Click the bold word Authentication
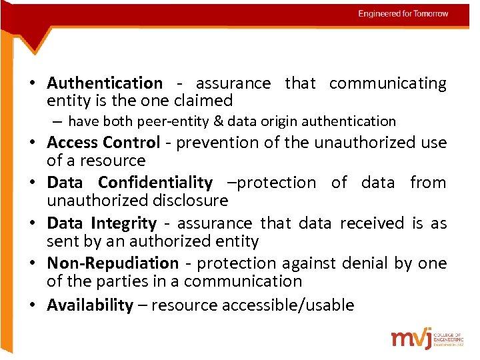pos(105,83)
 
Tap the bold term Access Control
pos(103,143)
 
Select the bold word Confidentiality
pos(155,183)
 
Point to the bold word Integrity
pos(124,223)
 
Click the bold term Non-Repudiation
pos(113,264)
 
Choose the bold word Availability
pos(90,305)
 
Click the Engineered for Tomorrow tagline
pos(403,14)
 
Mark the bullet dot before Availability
pos(32,305)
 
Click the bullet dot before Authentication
pos(32,83)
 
